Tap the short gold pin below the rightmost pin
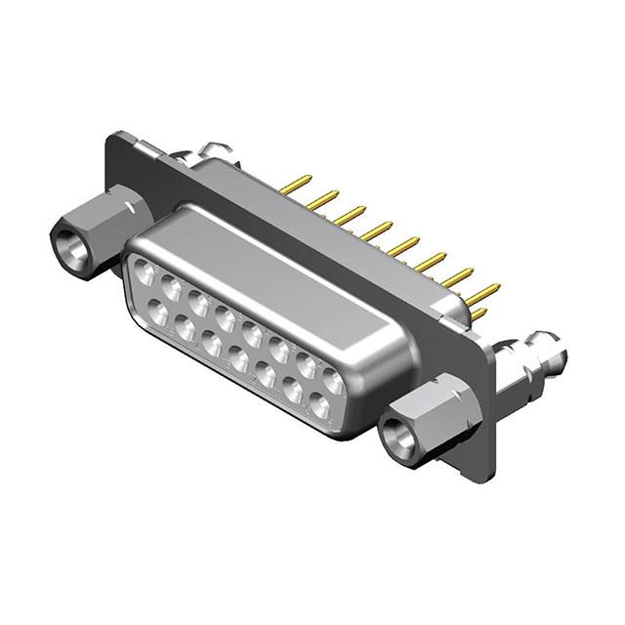click(479, 313)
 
